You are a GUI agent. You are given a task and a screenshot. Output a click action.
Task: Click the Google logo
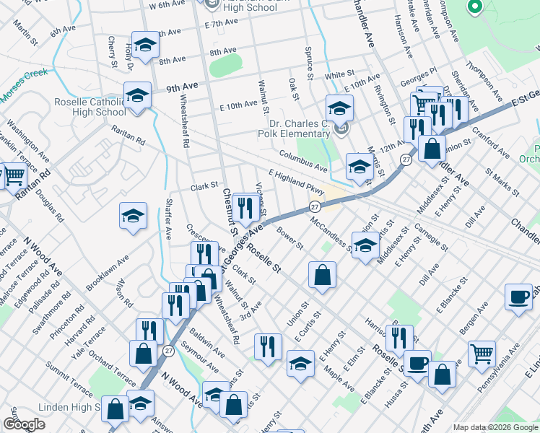(x=24, y=424)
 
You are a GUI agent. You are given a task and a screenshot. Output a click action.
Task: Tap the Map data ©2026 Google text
(x=495, y=427)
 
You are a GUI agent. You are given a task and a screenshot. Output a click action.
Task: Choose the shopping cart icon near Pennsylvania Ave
(x=482, y=353)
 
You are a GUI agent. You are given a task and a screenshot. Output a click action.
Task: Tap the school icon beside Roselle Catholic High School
(x=137, y=95)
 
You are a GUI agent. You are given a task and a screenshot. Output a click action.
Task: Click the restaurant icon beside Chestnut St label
(x=245, y=209)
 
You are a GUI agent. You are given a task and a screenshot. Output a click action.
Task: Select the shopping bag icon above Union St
(x=322, y=274)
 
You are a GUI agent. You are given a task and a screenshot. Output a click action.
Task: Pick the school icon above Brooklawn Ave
(x=133, y=215)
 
